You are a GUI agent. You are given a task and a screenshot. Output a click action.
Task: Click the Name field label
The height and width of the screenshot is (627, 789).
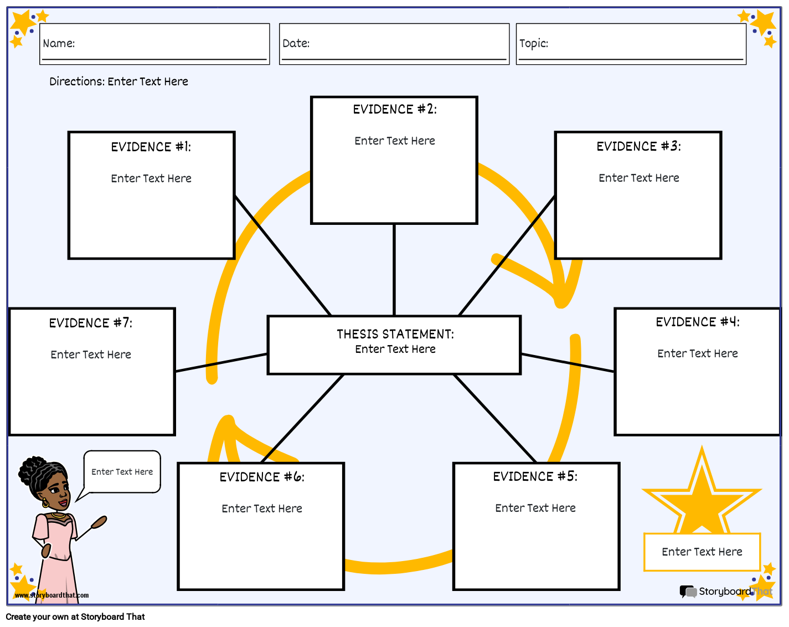pos(59,43)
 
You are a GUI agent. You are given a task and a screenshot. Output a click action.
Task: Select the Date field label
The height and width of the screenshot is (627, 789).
pos(296,43)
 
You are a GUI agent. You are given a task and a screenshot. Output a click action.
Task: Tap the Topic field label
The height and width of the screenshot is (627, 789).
pos(533,43)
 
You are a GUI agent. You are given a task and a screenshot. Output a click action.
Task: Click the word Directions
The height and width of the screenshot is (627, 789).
pos(76,81)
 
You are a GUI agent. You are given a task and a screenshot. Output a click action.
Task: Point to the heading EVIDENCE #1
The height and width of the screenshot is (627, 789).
pos(151,147)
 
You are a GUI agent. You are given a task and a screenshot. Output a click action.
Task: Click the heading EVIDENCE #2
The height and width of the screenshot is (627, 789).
pos(395,109)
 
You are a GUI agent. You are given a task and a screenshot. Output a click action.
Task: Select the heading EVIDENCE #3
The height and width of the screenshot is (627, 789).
pos(638,146)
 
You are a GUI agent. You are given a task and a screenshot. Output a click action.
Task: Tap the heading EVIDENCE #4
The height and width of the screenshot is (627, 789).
pos(697,322)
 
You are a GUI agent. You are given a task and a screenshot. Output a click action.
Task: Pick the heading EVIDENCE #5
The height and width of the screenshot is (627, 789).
pos(535,476)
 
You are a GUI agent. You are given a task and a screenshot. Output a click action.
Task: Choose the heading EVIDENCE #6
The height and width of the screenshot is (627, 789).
pos(261,477)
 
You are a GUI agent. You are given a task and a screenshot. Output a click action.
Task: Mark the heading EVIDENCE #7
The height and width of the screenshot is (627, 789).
pos(90,323)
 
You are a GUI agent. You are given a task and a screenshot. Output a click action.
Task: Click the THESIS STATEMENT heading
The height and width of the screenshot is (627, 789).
pos(395,334)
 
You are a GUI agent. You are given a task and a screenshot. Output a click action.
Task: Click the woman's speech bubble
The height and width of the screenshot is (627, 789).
pos(122,471)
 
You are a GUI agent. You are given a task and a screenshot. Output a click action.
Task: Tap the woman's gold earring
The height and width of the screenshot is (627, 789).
pos(45,504)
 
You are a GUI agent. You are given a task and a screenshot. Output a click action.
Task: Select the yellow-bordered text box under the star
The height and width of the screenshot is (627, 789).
pos(702,552)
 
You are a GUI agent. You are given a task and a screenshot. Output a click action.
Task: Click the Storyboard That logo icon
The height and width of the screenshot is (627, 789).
pos(688,592)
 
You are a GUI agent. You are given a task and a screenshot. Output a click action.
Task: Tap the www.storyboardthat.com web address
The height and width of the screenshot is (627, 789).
pos(51,595)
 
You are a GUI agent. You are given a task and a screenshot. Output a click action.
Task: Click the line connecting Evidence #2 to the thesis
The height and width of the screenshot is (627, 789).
pos(394,270)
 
